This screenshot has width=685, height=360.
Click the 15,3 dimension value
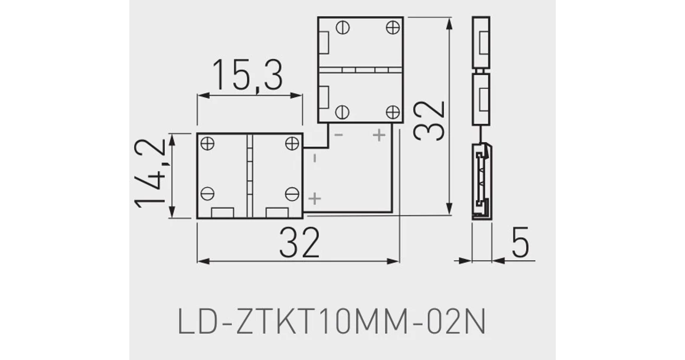click(x=247, y=75)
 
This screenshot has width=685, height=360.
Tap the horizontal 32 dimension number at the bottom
click(x=299, y=242)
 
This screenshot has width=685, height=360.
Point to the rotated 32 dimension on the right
click(x=429, y=120)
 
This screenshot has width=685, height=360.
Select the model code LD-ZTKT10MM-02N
click(x=332, y=322)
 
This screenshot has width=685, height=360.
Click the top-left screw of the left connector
click(x=207, y=143)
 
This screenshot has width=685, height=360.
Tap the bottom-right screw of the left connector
click(x=292, y=194)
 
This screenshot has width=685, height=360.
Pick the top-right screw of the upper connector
click(x=393, y=27)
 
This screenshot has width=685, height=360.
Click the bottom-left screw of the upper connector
click(x=342, y=112)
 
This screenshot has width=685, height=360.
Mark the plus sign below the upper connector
click(x=379, y=135)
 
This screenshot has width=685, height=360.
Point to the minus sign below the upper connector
click(x=339, y=135)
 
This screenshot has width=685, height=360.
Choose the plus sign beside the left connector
click(x=315, y=198)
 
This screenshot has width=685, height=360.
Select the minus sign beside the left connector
click(x=314, y=158)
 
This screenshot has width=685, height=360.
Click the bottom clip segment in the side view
click(x=482, y=181)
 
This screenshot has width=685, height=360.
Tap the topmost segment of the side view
click(x=481, y=42)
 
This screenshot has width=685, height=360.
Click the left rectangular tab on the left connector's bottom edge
click(x=223, y=212)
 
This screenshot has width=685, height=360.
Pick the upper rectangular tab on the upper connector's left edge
click(x=324, y=43)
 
